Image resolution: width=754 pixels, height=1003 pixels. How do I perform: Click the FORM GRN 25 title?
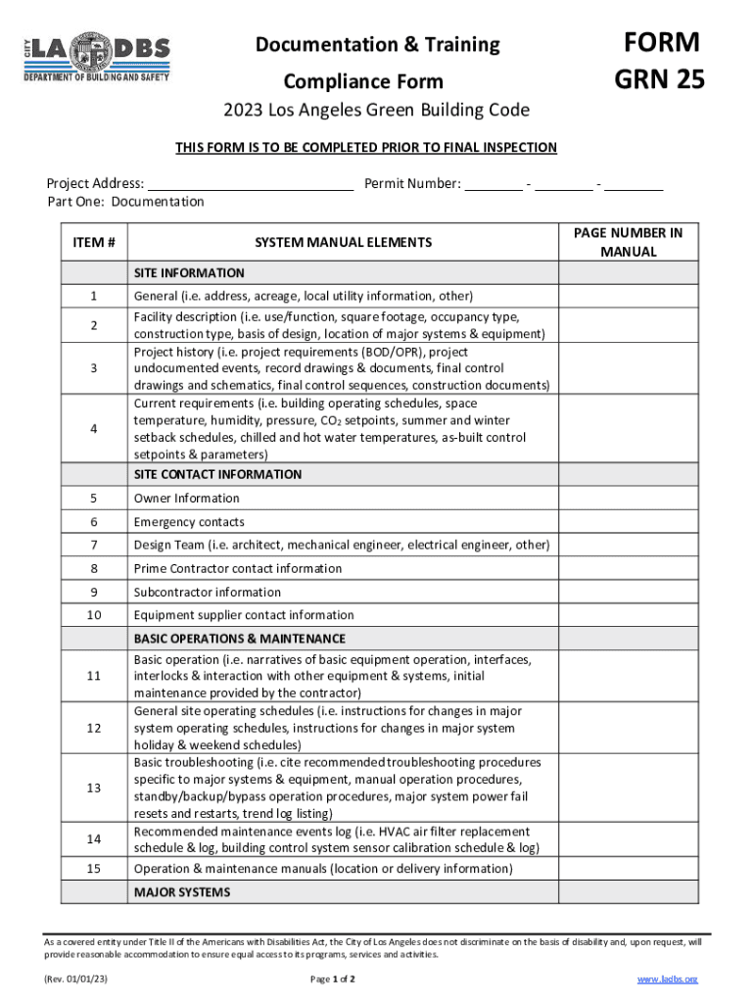658,60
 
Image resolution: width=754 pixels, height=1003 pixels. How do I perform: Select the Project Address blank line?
250,183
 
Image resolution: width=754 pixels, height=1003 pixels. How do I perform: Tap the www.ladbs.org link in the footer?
667,979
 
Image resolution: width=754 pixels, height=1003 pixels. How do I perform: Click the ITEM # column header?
94,242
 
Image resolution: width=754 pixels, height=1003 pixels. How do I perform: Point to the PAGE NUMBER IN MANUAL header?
628,242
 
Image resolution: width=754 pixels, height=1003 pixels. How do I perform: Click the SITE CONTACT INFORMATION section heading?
217,474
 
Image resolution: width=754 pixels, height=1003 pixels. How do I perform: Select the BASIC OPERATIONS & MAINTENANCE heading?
239,639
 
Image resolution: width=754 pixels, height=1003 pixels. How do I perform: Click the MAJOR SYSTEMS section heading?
182,892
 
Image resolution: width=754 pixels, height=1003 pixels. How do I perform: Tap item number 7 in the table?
94,545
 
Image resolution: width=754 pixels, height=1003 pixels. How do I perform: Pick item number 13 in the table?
94,788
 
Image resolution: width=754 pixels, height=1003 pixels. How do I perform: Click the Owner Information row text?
186,498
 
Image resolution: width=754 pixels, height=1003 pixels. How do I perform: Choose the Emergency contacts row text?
189,522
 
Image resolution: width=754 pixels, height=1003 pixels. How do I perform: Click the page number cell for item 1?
628,296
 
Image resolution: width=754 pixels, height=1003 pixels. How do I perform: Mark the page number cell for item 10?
628,615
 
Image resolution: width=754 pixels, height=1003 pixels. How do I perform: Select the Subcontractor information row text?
207,592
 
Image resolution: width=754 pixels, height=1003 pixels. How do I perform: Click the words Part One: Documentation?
125,202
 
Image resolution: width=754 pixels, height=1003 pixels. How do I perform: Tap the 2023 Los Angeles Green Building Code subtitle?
377,110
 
